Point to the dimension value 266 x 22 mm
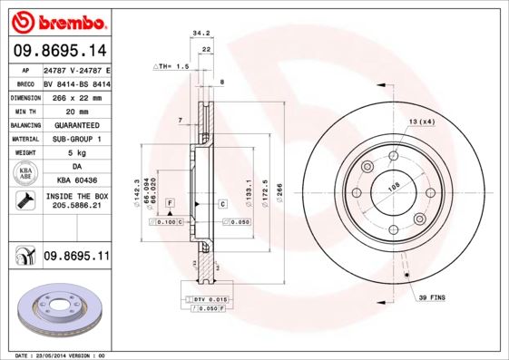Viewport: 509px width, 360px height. (x=76, y=95)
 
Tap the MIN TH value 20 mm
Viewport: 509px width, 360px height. (x=76, y=110)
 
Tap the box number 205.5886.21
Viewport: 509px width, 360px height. (x=76, y=206)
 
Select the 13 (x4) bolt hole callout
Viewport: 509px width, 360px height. (x=422, y=122)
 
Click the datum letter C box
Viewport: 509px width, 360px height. (x=222, y=204)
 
